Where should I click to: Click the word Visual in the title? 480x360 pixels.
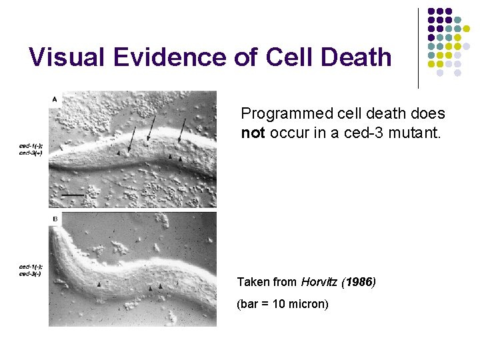coord(68,57)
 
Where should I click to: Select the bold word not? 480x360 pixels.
coord(253,133)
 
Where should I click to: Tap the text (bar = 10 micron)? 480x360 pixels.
coord(283,305)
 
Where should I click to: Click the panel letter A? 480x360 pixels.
coord(54,99)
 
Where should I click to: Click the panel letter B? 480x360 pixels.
coord(54,219)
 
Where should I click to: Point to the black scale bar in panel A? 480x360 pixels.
coord(73,195)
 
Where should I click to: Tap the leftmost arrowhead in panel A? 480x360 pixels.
coord(119,153)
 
